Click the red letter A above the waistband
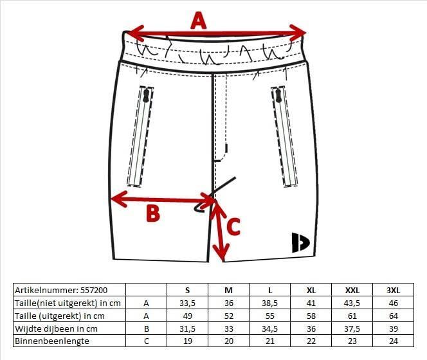(x=199, y=20)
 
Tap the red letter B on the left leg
(x=153, y=213)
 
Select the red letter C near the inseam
(x=233, y=226)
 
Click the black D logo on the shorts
(x=300, y=242)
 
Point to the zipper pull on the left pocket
(x=146, y=96)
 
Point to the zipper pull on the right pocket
(x=278, y=96)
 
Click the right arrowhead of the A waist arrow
(x=298, y=33)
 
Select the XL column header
(x=311, y=291)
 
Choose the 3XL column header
(x=393, y=291)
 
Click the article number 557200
(x=94, y=291)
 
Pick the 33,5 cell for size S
(x=187, y=303)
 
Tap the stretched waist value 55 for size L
(x=270, y=316)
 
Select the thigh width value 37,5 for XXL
(x=352, y=329)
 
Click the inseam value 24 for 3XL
(x=393, y=341)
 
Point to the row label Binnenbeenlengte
(x=52, y=341)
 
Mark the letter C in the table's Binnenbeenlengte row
(x=146, y=341)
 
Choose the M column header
(x=228, y=291)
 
